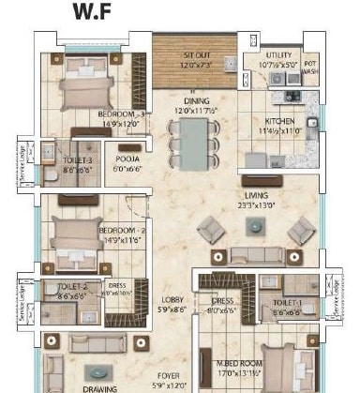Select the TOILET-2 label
tap(72, 290)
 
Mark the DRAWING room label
tap(99, 387)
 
